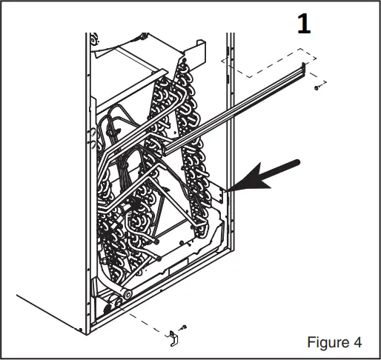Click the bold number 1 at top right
302,24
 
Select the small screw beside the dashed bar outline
317,87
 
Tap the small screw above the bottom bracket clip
184,327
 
